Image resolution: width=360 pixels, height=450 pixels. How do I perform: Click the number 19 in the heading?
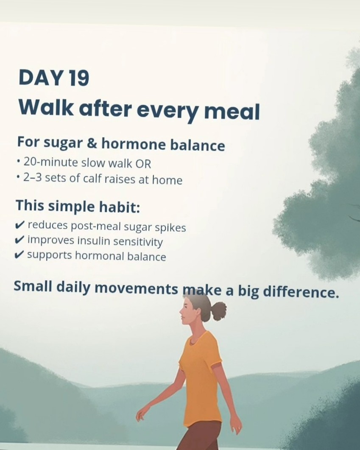tap(79, 78)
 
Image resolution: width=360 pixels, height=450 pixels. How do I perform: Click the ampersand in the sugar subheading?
tap(92, 143)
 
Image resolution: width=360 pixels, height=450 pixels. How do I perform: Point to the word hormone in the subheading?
tap(134, 144)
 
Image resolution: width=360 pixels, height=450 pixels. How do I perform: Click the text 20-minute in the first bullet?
tap(51, 162)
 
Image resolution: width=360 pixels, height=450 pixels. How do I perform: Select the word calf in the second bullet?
tap(92, 179)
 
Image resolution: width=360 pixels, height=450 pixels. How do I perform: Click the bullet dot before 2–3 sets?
tap(18, 178)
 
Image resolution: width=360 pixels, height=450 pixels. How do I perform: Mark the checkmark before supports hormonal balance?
tap(20, 254)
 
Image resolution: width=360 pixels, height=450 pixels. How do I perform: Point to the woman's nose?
tap(181, 311)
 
